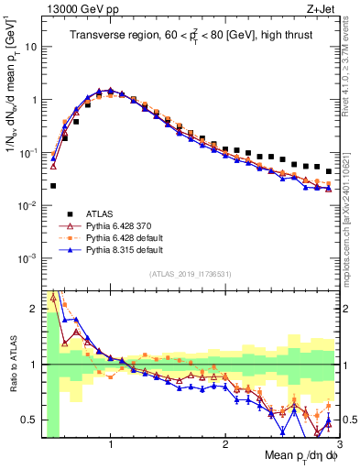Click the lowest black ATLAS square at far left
click(53, 186)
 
